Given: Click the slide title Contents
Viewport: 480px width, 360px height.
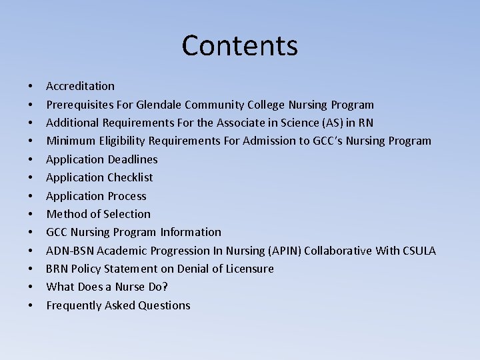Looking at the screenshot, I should click(239, 45).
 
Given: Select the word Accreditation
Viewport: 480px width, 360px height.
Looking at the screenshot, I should click(80, 86).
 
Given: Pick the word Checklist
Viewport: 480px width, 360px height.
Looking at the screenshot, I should click(130, 177).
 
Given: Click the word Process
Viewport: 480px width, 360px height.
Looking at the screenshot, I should click(127, 196).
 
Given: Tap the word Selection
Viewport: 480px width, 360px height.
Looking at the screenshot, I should click(127, 214).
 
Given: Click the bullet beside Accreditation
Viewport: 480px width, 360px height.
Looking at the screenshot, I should click(31, 87).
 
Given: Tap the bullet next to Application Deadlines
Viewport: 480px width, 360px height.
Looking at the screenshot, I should click(31, 160).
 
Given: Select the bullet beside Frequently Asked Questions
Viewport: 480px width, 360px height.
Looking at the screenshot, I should click(31, 306).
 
